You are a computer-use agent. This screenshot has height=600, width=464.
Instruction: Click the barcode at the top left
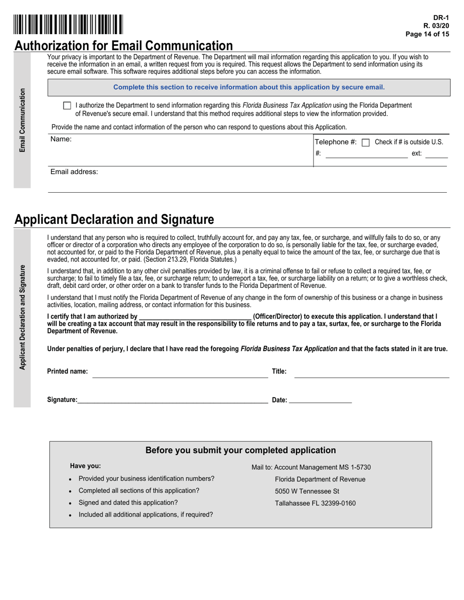click(x=68, y=24)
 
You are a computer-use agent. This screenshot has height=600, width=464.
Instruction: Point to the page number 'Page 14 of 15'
click(x=427, y=34)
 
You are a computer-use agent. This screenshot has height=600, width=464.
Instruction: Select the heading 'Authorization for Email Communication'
click(x=124, y=45)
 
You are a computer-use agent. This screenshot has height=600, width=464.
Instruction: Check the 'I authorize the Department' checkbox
click(x=67, y=105)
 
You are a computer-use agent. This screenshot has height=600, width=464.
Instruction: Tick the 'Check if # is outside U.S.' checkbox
click(x=365, y=142)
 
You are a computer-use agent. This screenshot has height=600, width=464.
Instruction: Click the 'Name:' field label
click(x=61, y=140)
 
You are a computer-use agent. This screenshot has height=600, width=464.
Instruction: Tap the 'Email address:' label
click(x=74, y=172)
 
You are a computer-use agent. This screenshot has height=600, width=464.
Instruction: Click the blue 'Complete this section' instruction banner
click(x=249, y=87)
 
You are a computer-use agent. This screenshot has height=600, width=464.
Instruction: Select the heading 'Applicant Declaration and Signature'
click(x=114, y=220)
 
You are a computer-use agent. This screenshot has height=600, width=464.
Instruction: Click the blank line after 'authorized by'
click(x=195, y=317)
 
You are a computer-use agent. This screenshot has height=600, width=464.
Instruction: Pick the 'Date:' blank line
click(x=320, y=400)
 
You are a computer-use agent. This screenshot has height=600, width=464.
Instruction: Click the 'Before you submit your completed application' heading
click(x=240, y=450)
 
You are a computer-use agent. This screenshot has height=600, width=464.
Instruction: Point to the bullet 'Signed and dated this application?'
click(x=128, y=502)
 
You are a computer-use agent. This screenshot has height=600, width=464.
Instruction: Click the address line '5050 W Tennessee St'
click(x=307, y=491)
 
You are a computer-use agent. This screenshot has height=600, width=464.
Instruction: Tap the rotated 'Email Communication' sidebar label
click(x=22, y=120)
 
